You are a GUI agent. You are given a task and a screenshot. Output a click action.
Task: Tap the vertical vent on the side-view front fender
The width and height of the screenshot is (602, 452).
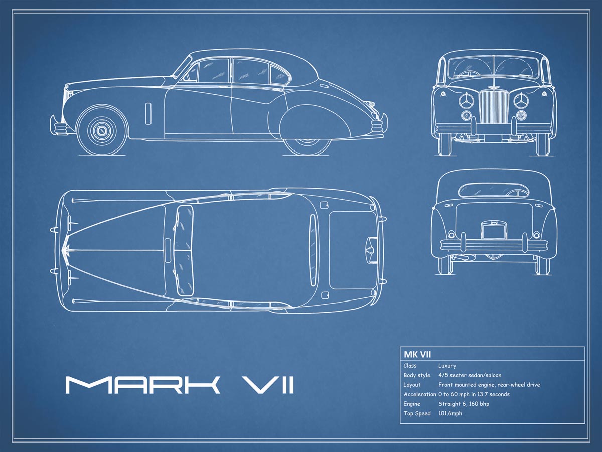[148, 114]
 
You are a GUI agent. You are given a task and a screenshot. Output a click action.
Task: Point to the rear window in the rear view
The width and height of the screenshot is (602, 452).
[493, 190]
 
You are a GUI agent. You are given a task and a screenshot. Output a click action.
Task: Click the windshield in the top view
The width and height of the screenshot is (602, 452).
[184, 251]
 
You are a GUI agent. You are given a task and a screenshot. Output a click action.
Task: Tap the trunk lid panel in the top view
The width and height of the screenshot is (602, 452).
[349, 250]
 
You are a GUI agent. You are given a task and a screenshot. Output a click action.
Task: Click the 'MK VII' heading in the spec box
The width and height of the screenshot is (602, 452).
[417, 354]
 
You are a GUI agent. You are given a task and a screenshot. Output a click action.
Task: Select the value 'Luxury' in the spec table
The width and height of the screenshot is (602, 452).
[447, 366]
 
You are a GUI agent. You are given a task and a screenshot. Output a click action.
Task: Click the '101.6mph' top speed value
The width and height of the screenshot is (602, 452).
[450, 413]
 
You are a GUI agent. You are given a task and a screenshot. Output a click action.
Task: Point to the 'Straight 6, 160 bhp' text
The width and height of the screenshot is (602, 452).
[464, 404]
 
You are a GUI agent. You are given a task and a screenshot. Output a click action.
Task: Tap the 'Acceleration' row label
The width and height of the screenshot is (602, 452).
[419, 394]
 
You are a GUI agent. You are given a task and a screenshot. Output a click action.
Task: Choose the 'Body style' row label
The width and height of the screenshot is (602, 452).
[417, 375]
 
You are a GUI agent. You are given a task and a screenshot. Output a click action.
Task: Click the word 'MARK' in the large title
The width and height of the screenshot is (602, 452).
[142, 385]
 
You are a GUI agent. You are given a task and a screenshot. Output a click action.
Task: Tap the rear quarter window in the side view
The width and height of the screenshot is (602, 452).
[279, 75]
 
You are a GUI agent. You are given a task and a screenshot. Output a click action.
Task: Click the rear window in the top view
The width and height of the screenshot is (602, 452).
[313, 250]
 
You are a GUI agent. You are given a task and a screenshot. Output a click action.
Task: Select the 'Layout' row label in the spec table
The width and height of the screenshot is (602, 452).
[412, 385]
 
